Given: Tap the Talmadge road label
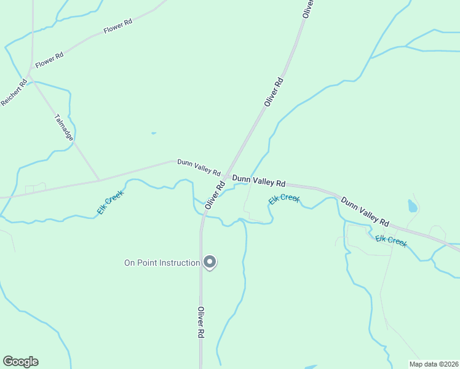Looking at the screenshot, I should pyautogui.click(x=64, y=127).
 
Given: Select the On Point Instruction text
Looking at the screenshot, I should pyautogui.click(x=162, y=263).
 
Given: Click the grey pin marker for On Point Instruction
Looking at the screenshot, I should pyautogui.click(x=210, y=262).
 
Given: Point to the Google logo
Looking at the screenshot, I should pyautogui.click(x=20, y=362).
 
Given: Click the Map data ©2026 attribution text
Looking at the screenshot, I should pyautogui.click(x=434, y=364).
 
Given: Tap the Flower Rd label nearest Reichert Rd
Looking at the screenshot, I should pyautogui.click(x=50, y=60).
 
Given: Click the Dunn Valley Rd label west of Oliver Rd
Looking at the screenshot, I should pyautogui.click(x=199, y=167).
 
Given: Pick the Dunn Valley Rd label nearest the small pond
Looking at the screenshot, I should pyautogui.click(x=365, y=211).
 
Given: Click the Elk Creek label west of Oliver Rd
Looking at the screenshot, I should pyautogui.click(x=110, y=202).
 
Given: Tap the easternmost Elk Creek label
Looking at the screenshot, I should pyautogui.click(x=391, y=240).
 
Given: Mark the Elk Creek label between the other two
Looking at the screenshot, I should pyautogui.click(x=284, y=199).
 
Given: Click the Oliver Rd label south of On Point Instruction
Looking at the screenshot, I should pyautogui.click(x=200, y=323).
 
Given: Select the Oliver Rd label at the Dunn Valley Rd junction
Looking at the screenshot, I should pyautogui.click(x=215, y=194).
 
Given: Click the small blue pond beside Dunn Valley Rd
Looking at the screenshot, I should pyautogui.click(x=412, y=206).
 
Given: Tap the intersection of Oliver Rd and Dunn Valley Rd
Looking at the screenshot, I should pyautogui.click(x=225, y=177).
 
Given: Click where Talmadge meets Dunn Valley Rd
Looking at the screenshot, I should pyautogui.click(x=98, y=180).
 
